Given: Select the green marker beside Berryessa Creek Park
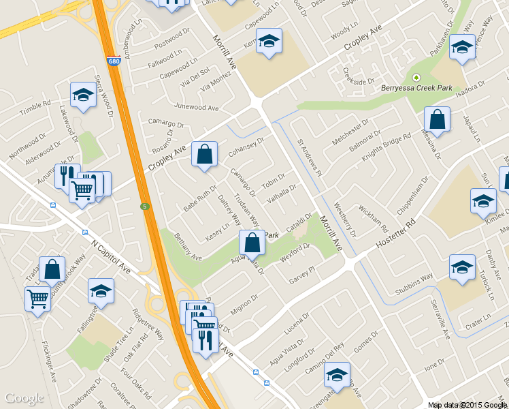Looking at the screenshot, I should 416,77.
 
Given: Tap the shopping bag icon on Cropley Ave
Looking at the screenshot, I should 204,155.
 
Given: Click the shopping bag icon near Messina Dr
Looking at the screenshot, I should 437,120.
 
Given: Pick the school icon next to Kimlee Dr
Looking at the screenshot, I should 483,201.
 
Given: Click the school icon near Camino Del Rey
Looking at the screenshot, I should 337,374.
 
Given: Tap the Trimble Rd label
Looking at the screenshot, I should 35,108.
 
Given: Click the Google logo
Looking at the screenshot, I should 24,398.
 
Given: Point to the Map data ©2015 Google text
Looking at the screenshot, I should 466,404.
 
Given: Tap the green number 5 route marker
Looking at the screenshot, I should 144,206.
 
